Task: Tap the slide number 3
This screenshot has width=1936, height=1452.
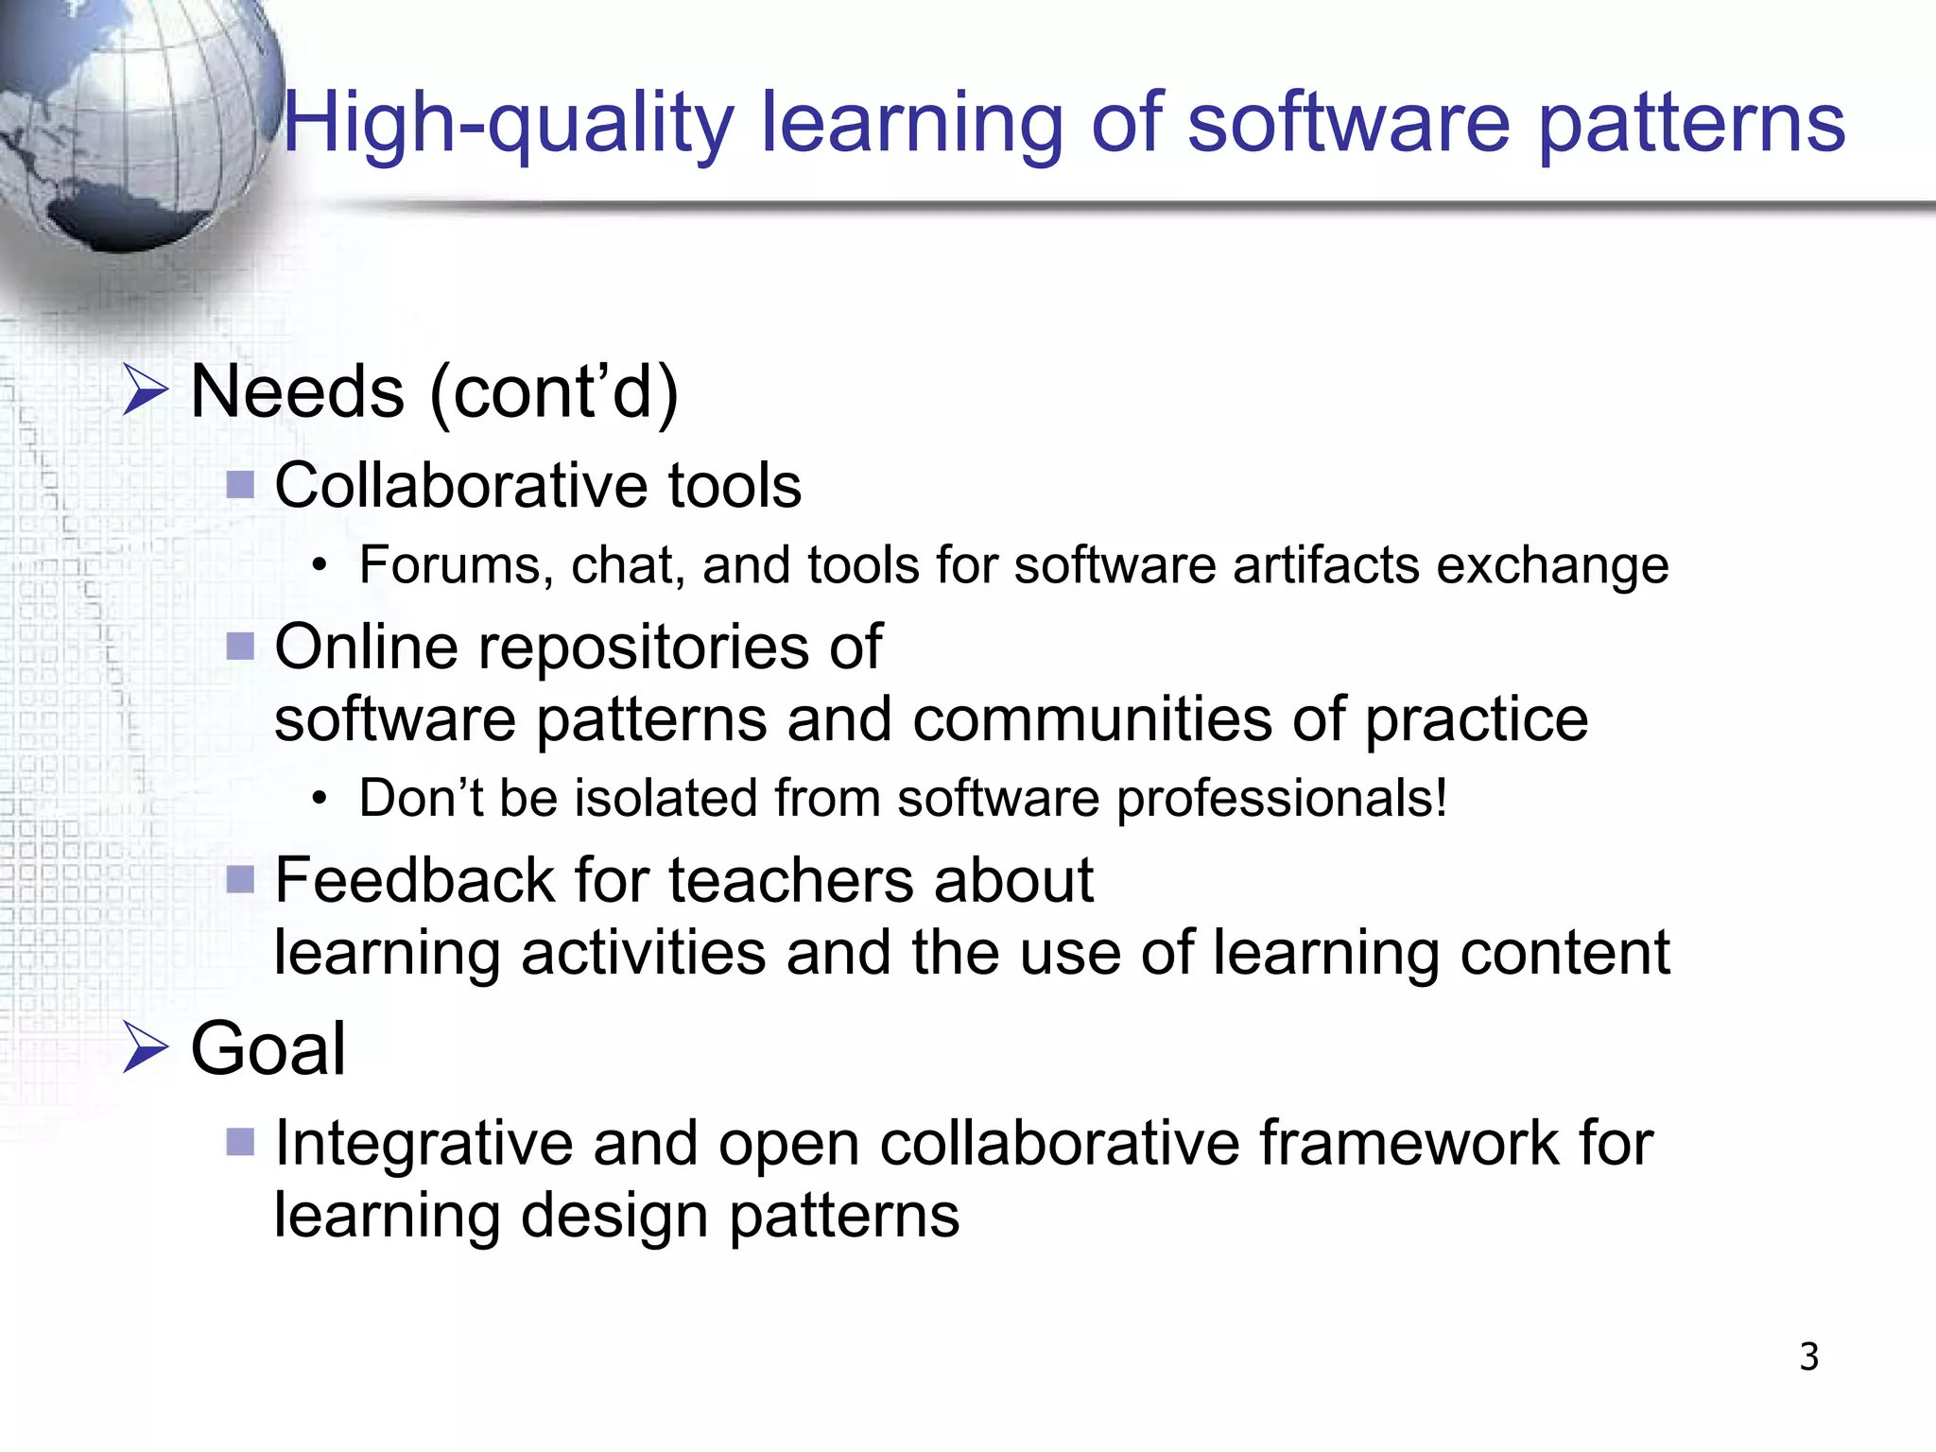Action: [1808, 1357]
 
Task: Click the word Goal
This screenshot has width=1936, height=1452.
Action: [268, 1049]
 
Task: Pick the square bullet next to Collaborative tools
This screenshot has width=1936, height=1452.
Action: [241, 486]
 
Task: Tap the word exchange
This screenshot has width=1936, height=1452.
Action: [1552, 565]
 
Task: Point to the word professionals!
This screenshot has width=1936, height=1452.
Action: [1282, 799]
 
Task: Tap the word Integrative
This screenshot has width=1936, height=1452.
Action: [423, 1143]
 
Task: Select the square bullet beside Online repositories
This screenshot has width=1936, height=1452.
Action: [241, 648]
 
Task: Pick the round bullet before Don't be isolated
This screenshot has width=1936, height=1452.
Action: [320, 800]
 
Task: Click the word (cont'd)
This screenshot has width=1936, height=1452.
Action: [554, 391]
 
